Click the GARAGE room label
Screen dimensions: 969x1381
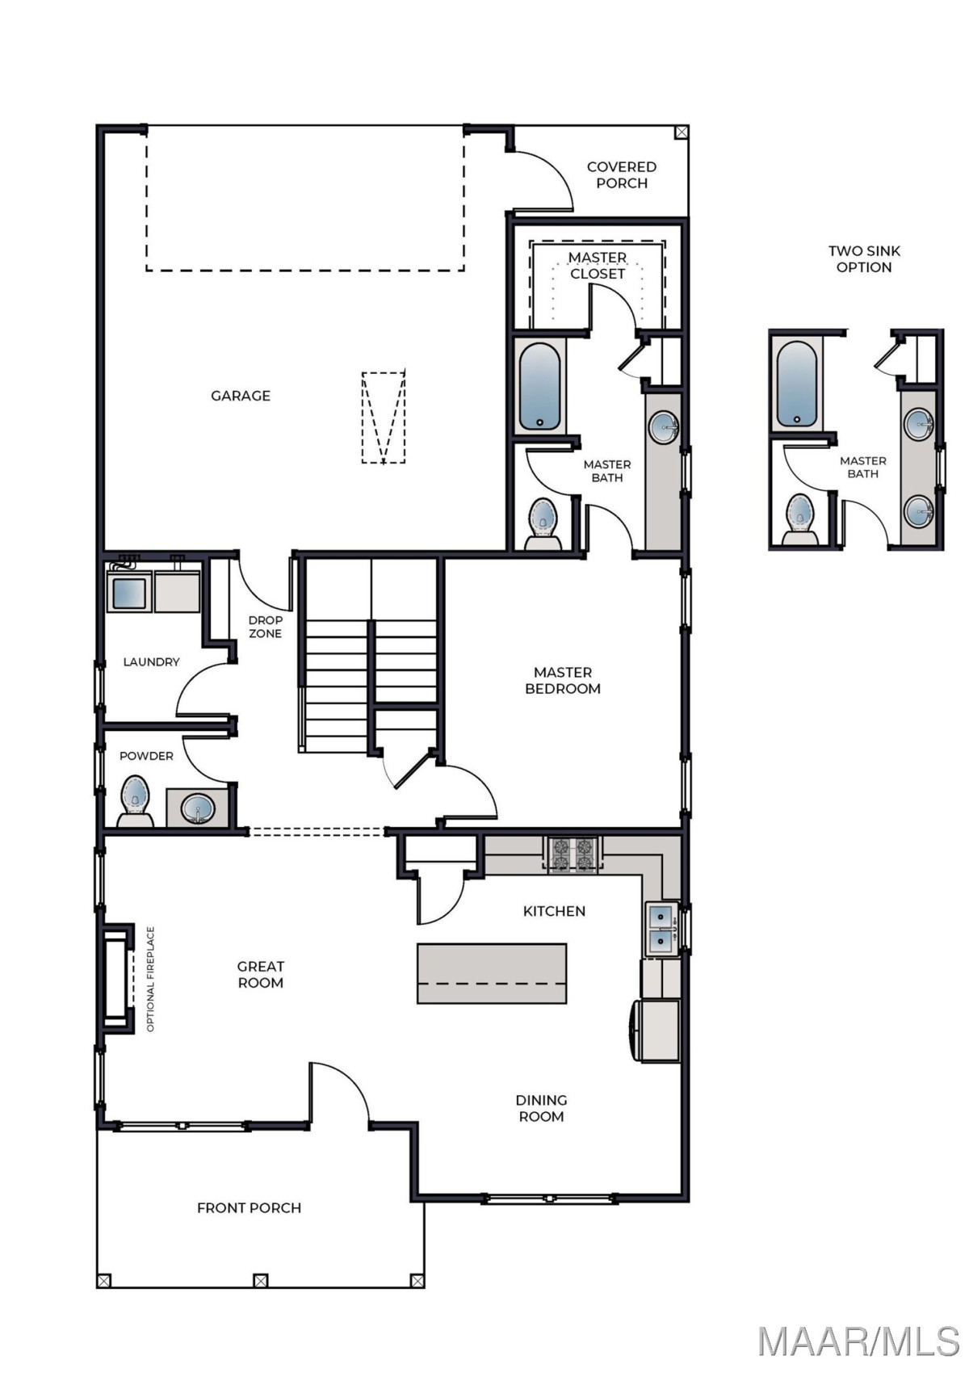pyautogui.click(x=241, y=396)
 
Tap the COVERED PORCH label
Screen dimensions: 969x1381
pyautogui.click(x=621, y=175)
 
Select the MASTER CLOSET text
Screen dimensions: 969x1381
pyautogui.click(x=598, y=266)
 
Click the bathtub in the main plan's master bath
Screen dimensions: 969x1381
pyautogui.click(x=539, y=387)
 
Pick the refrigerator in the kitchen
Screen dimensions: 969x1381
pyautogui.click(x=658, y=1031)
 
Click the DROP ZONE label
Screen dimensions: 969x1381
pyautogui.click(x=265, y=627)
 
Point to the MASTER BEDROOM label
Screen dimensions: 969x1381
pyautogui.click(x=563, y=681)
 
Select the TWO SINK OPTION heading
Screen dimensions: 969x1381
pyautogui.click(x=863, y=259)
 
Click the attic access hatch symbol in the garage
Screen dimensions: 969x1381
pyautogui.click(x=384, y=418)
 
